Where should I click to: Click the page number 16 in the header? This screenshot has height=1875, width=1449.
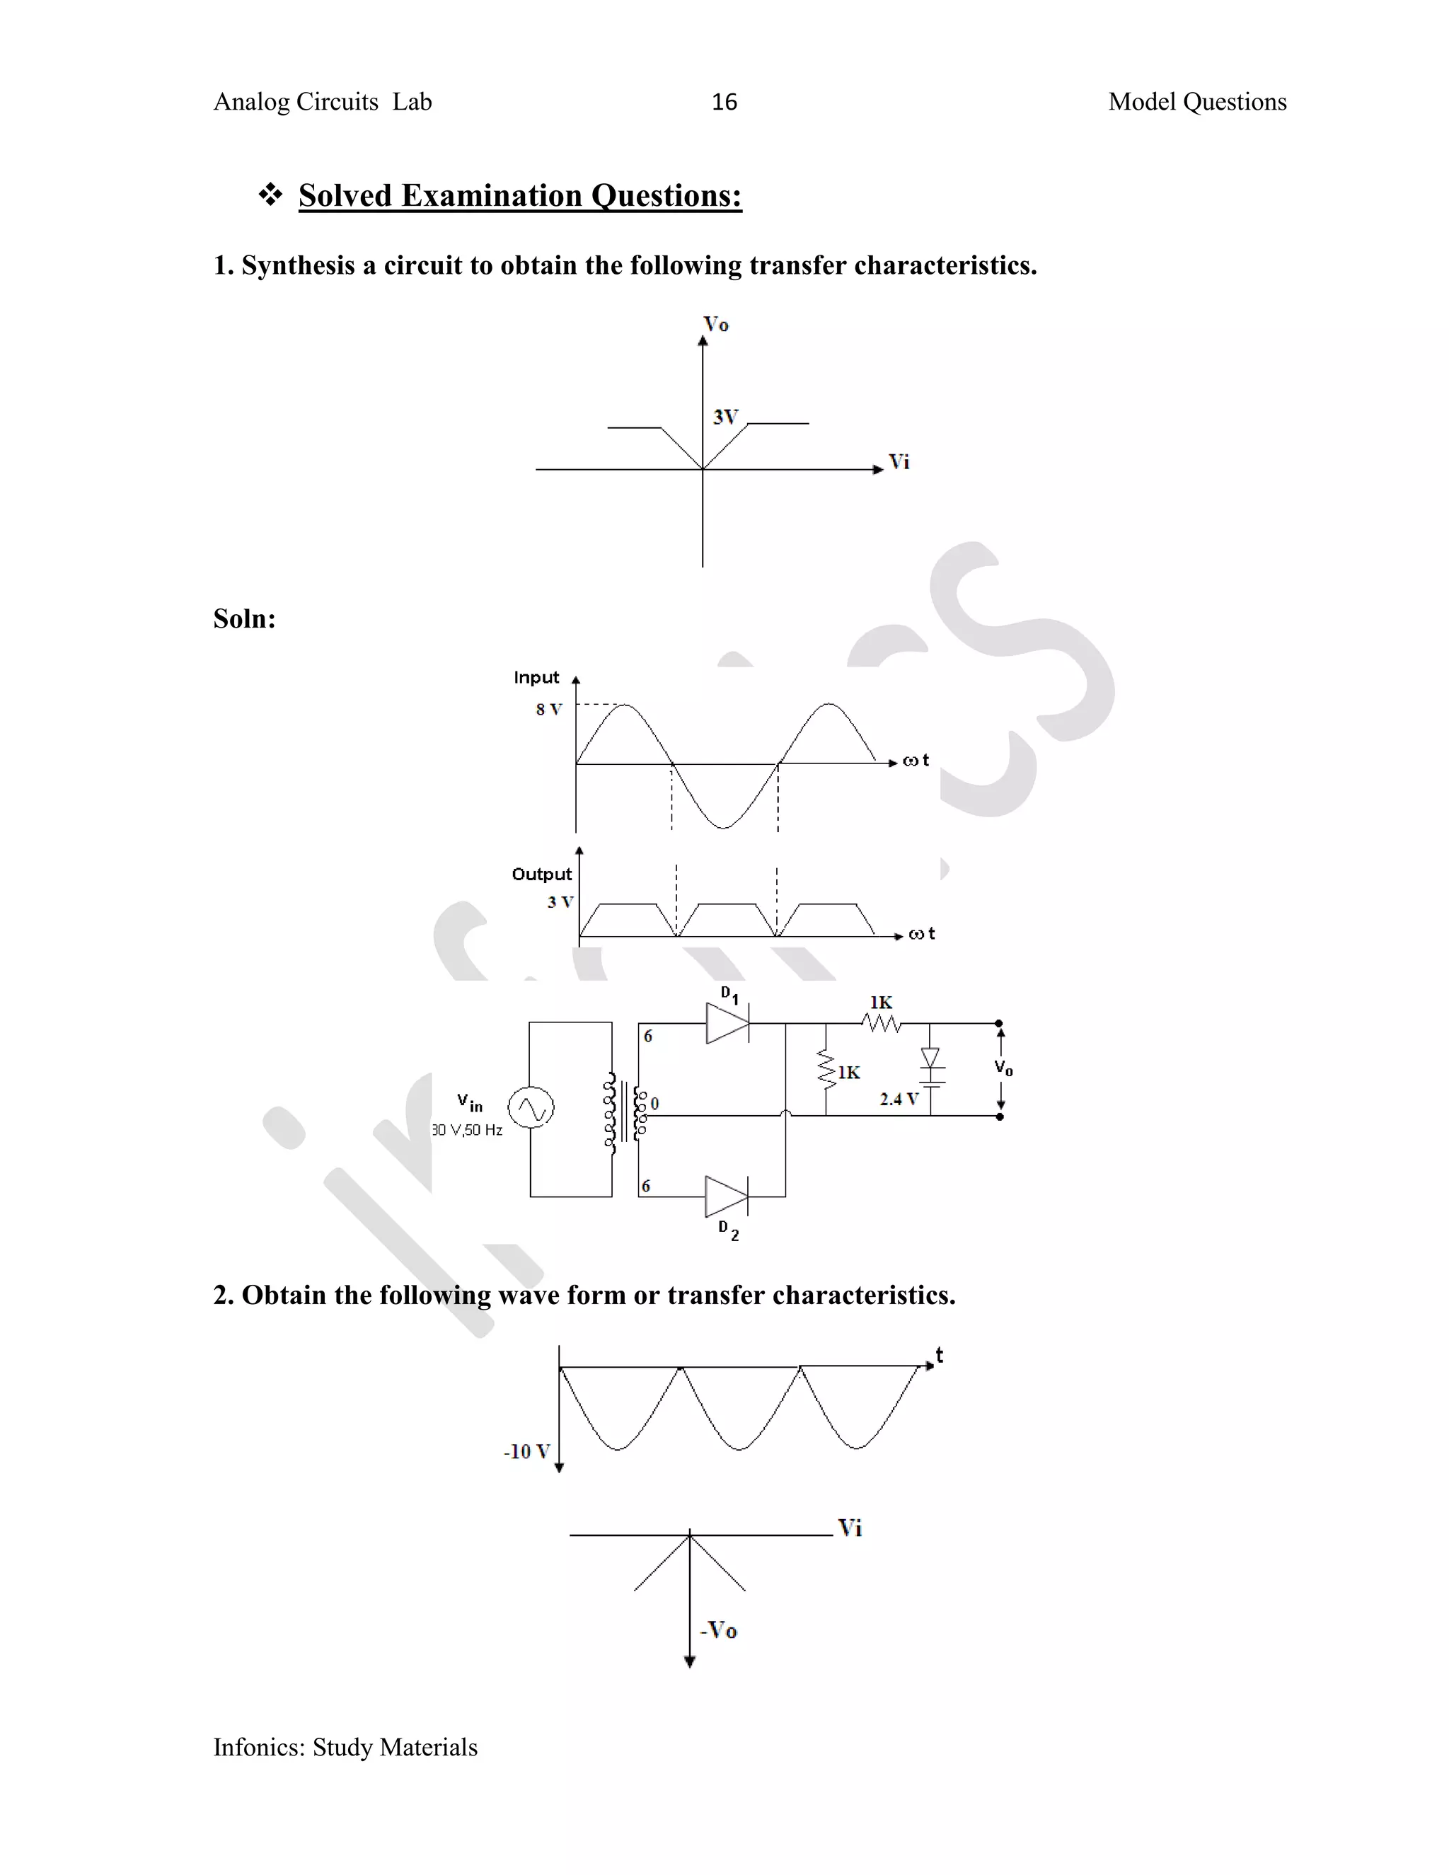tap(724, 102)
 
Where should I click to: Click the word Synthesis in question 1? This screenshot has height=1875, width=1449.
tap(298, 265)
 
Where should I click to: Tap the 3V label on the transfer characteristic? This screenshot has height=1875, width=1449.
tap(725, 417)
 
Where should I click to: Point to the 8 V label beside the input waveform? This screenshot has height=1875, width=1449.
tap(548, 709)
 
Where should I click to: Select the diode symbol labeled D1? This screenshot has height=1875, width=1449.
tap(727, 1023)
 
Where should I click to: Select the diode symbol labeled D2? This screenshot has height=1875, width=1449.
tap(726, 1196)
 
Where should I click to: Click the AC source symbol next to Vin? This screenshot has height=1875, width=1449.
tap(531, 1107)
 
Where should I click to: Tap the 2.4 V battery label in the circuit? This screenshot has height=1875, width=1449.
tap(899, 1099)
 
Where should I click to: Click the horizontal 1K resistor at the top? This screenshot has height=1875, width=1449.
tap(882, 1022)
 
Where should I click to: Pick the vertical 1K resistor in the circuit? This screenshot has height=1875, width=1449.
tap(826, 1070)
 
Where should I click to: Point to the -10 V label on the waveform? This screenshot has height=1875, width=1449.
tap(526, 1452)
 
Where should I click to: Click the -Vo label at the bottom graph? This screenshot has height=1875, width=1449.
tap(719, 1630)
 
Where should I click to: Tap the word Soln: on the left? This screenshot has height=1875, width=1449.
tap(245, 619)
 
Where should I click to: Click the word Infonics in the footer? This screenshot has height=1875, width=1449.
tap(258, 1747)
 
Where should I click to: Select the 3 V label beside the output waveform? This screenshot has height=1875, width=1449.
tap(560, 902)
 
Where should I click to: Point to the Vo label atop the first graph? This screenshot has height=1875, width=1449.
tap(716, 325)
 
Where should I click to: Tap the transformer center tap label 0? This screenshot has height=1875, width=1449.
tap(654, 1103)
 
